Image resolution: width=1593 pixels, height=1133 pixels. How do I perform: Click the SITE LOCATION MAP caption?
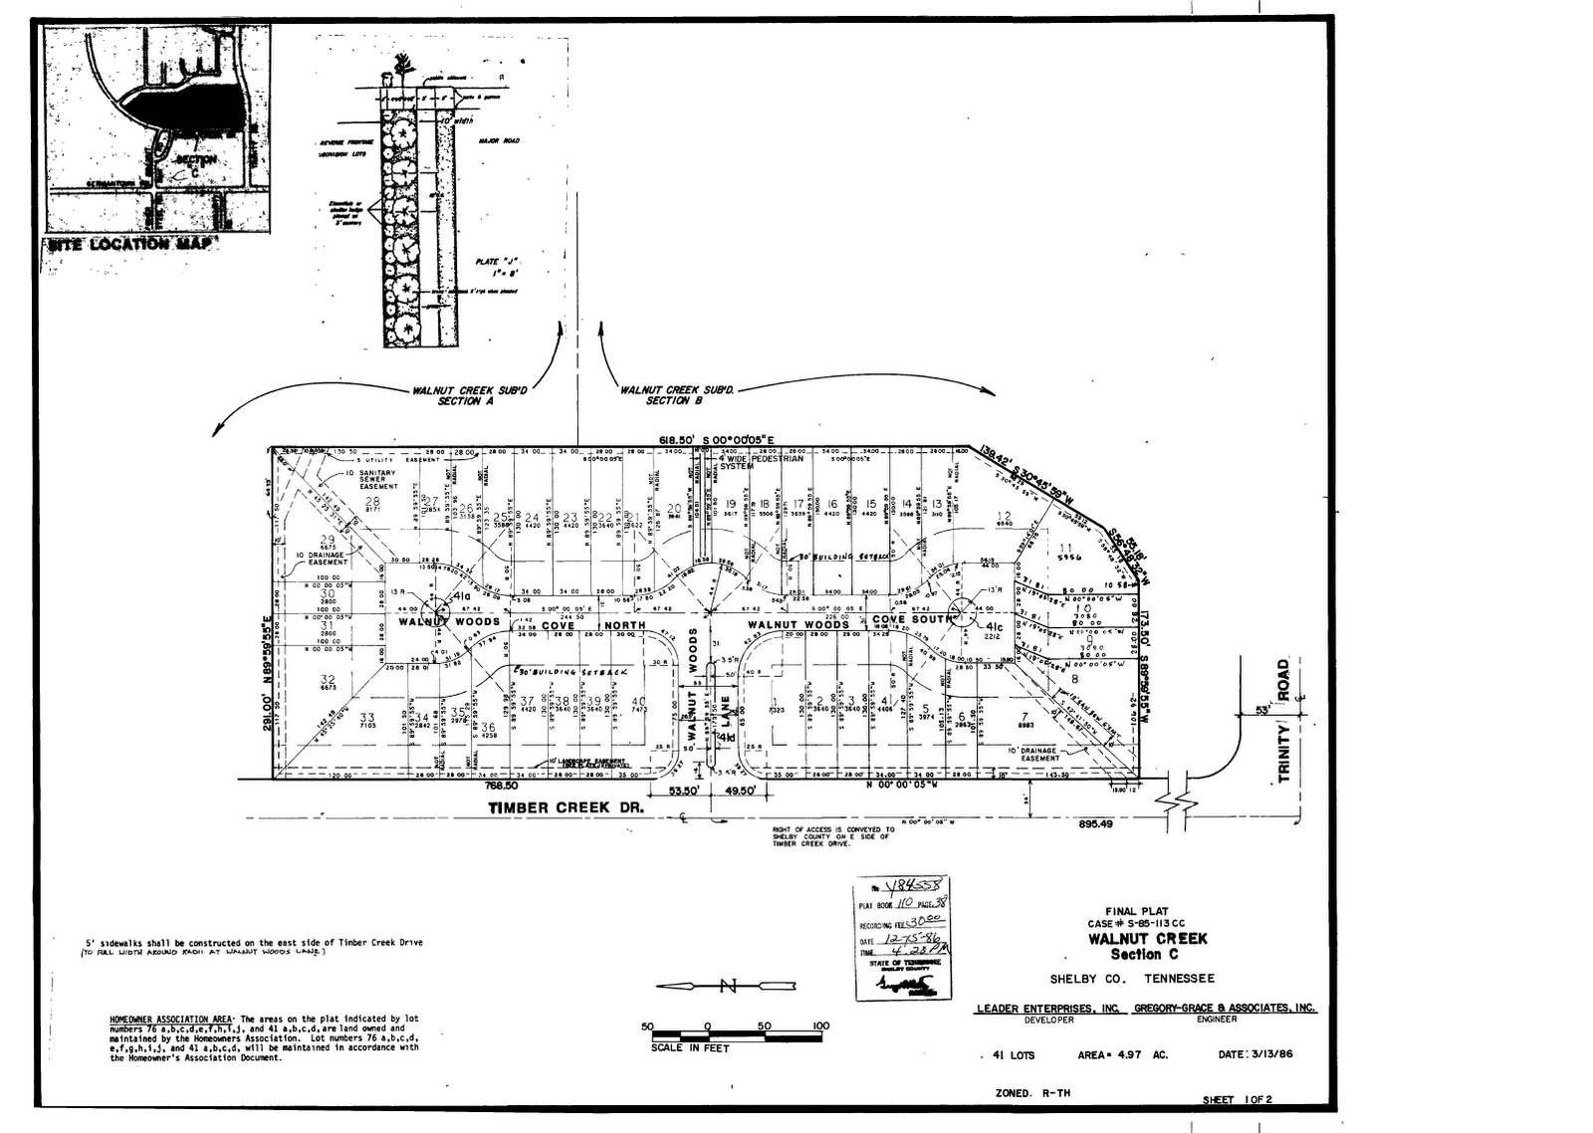pos(129,244)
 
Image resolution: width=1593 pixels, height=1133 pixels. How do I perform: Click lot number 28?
pos(372,501)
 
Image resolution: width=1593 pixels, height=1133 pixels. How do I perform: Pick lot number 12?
pos(1004,516)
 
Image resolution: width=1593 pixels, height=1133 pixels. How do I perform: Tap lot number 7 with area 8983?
pos(1024,716)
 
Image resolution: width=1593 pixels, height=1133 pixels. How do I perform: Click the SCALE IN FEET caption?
pos(690,1047)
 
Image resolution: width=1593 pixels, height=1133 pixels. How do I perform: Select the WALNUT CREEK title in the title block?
pos(1147,938)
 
